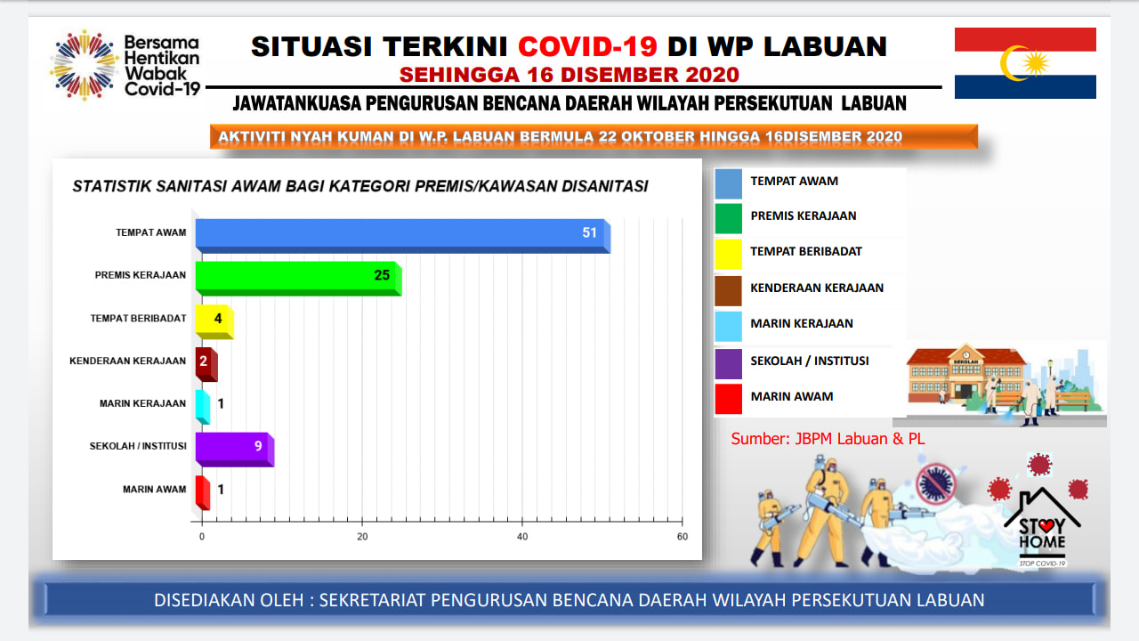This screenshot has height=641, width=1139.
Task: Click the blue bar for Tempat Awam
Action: pyautogui.click(x=403, y=236)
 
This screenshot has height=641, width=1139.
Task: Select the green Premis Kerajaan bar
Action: pyautogui.click(x=298, y=279)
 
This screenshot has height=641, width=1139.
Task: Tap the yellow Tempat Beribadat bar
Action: pyautogui.click(x=214, y=321)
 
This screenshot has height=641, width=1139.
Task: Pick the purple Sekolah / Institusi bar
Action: pyautogui.click(x=235, y=450)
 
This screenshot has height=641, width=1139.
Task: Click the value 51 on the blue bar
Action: pyautogui.click(x=589, y=232)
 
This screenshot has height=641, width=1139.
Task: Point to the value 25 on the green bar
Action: pyautogui.click(x=382, y=275)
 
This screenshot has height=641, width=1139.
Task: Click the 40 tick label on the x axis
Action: pyautogui.click(x=522, y=536)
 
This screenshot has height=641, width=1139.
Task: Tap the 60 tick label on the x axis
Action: pyautogui.click(x=683, y=536)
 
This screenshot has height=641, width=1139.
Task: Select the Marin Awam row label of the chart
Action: pyautogui.click(x=154, y=489)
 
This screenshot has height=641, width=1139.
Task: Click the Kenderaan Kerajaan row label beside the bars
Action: pyautogui.click(x=127, y=361)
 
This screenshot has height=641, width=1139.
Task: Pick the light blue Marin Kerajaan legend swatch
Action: pyautogui.click(x=728, y=326)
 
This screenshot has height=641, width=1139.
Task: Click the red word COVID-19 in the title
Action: pyautogui.click(x=588, y=46)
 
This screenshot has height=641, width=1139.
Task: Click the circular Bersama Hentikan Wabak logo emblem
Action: pyautogui.click(x=85, y=65)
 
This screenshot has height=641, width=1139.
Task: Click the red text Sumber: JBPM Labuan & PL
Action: pyautogui.click(x=828, y=439)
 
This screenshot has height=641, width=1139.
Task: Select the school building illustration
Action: pyautogui.click(x=965, y=373)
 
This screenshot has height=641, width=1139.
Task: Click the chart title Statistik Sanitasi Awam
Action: pyautogui.click(x=360, y=186)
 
